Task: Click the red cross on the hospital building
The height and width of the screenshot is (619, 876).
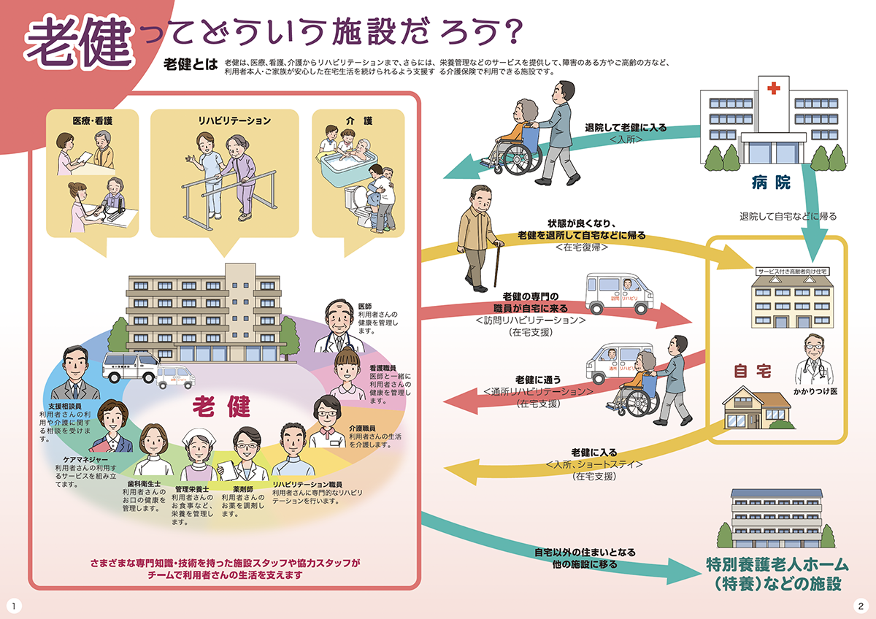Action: (x=772, y=88)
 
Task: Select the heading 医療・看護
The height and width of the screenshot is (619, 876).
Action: (x=92, y=120)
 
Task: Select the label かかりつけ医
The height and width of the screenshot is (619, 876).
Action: (x=816, y=391)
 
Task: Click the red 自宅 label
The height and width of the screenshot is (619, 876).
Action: (x=752, y=372)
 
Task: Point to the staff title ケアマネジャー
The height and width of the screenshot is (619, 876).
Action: (x=77, y=460)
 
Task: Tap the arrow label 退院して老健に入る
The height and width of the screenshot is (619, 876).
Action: (x=626, y=127)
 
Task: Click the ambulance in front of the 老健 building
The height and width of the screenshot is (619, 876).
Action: (x=130, y=367)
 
